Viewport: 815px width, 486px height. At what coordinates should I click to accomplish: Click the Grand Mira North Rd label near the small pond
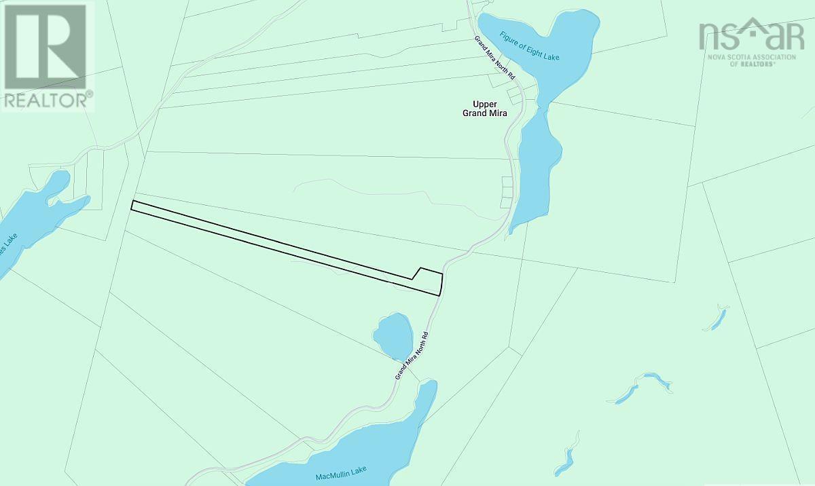413,355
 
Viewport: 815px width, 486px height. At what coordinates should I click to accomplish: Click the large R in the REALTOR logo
46,46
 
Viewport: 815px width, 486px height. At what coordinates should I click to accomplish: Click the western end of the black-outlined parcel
134,206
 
